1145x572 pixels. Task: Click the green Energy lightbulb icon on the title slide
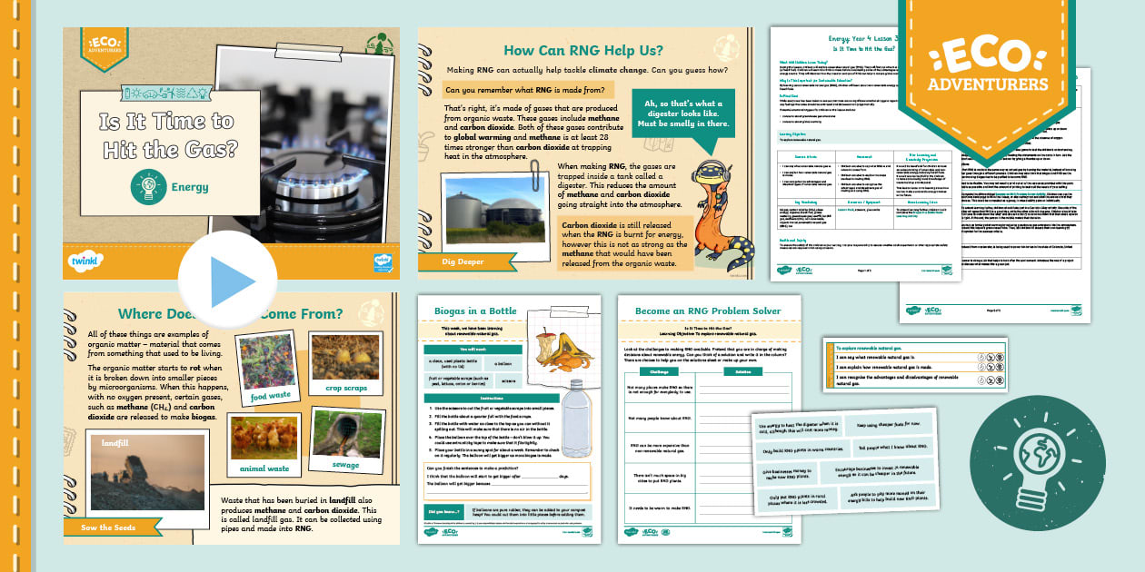coord(145,187)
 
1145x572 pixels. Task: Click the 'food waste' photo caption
coord(271,396)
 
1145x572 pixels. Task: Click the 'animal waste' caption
coord(264,468)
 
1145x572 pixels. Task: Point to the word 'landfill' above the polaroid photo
coord(116,443)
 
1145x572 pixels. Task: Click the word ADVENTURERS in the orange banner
coord(988,84)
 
